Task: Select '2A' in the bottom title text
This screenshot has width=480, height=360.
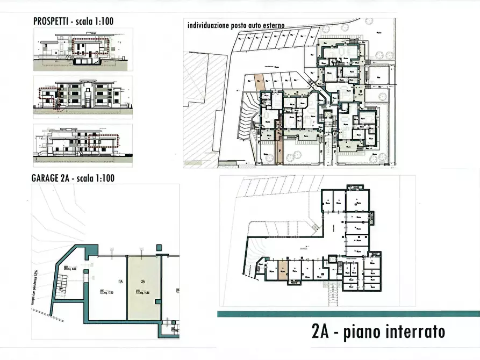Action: pyautogui.click(x=320, y=332)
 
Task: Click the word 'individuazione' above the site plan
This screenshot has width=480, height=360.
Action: pyautogui.click(x=205, y=25)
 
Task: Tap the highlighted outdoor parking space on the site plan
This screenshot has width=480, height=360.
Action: pyautogui.click(x=259, y=82)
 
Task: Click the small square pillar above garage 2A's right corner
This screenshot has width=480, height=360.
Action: pyautogui.click(x=159, y=248)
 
